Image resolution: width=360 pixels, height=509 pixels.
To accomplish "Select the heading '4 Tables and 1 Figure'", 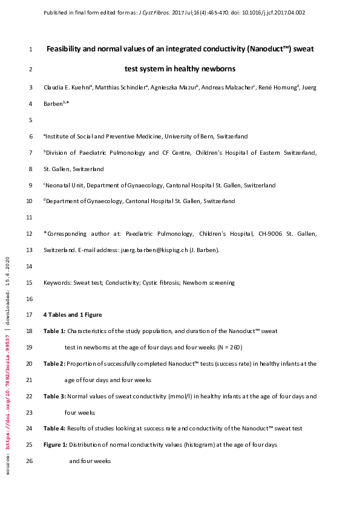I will pos(73,315).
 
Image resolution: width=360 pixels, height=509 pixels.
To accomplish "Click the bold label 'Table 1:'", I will pos(54,331).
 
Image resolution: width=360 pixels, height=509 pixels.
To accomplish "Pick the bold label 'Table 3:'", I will pos(54,397).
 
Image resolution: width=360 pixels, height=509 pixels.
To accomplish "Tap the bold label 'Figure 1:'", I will pos(56,445).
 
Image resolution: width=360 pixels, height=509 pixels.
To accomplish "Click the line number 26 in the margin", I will pos(30,461).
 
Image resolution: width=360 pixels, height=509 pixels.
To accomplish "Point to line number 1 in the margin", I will pos(31,49).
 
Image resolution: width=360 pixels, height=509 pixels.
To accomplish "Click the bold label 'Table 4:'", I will pos(54,429).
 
